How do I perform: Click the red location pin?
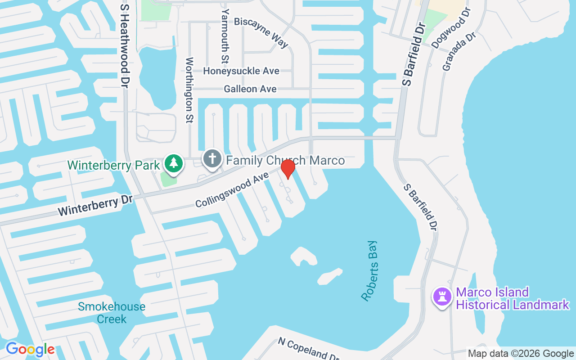coord(288,169)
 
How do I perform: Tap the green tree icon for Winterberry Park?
coord(173,163)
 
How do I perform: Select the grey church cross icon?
coord(212,159)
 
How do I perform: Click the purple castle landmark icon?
coord(442,297)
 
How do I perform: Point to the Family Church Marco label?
coord(285,161)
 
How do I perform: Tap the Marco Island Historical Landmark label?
coord(512,299)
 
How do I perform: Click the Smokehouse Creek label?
coord(112,313)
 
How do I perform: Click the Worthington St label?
coord(189,90)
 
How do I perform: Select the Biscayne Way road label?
coord(261,32)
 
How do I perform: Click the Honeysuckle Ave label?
coord(241,71)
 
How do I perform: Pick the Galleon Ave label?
coord(250,89)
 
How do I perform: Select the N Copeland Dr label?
coord(308,348)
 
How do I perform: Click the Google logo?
coord(30,349)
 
